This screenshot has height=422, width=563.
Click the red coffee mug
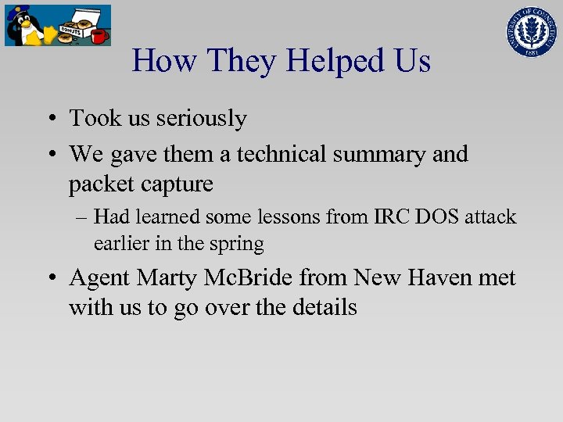[98, 36]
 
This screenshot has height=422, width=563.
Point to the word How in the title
[165, 60]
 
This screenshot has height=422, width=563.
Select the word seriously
[201, 119]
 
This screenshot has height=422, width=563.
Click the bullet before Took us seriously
[49, 120]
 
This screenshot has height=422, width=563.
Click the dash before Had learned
[81, 217]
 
